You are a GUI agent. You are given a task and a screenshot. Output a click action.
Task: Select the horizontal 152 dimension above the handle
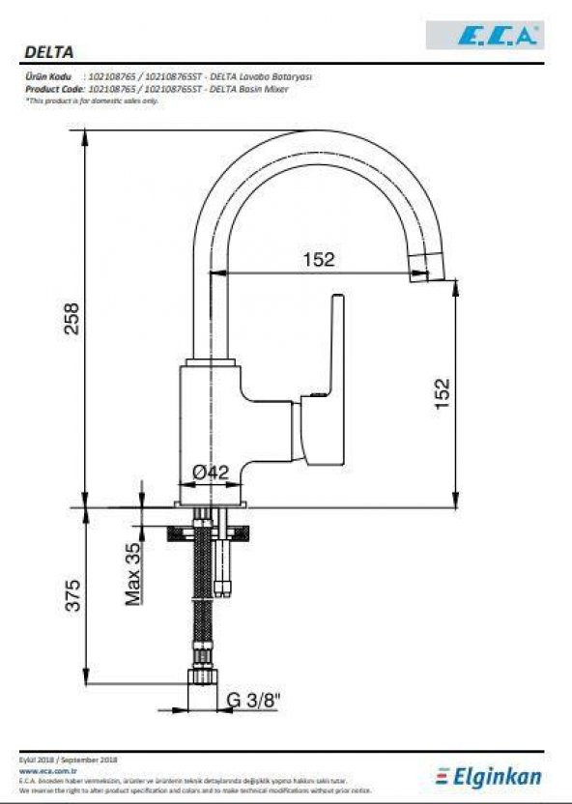tap(318, 259)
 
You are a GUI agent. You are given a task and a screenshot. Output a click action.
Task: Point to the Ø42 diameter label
tap(210, 473)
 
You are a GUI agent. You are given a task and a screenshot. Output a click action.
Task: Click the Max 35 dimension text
tap(133, 574)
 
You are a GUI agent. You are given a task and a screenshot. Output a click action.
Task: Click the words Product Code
tap(51, 88)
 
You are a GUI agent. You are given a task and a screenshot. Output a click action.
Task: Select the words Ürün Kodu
tap(47, 76)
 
